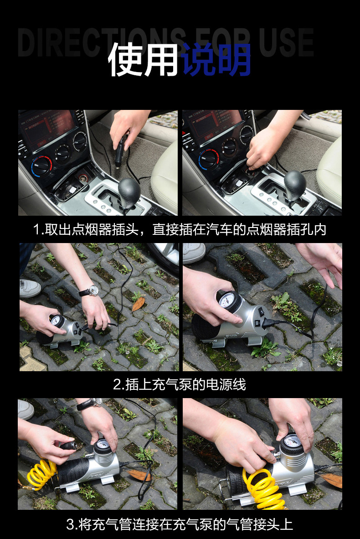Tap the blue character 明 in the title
tap(233, 59)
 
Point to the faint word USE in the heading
tap(286, 42)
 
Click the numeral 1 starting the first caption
tap(36, 230)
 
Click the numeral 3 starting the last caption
tap(71, 524)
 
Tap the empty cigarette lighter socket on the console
tap(83, 178)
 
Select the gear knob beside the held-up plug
tap(129, 191)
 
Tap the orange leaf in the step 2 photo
tap(138, 304)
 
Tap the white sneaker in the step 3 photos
tap(26, 409)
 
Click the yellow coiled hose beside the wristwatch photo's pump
tap(42, 474)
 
